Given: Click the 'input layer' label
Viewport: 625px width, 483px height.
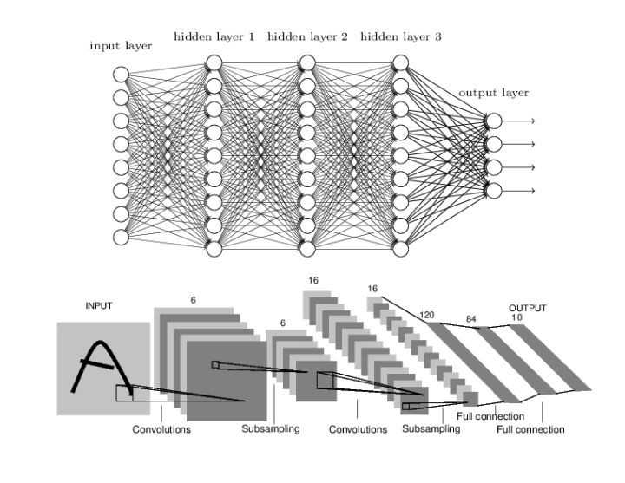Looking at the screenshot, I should [121, 45].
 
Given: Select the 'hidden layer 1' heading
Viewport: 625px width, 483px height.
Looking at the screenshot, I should [214, 36].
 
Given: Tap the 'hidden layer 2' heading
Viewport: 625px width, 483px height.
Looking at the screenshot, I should [307, 36].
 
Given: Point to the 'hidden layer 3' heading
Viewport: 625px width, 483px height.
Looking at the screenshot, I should [400, 36].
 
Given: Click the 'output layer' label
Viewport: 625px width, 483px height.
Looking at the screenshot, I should [493, 93].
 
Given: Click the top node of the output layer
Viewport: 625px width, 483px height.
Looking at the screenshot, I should [493, 121].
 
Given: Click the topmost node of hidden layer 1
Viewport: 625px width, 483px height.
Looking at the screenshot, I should [214, 62].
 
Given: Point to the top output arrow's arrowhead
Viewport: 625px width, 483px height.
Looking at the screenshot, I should [531, 121].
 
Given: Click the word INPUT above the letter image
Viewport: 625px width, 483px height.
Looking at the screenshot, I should [98, 305].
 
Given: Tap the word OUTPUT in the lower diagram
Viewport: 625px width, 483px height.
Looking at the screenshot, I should [527, 307].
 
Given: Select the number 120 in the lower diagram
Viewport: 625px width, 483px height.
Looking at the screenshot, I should [425, 316].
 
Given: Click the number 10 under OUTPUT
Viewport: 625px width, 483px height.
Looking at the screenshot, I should [516, 317].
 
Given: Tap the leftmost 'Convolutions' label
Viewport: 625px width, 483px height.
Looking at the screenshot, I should [161, 429].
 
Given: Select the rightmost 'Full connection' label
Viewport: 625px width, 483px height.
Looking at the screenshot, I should [530, 429].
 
